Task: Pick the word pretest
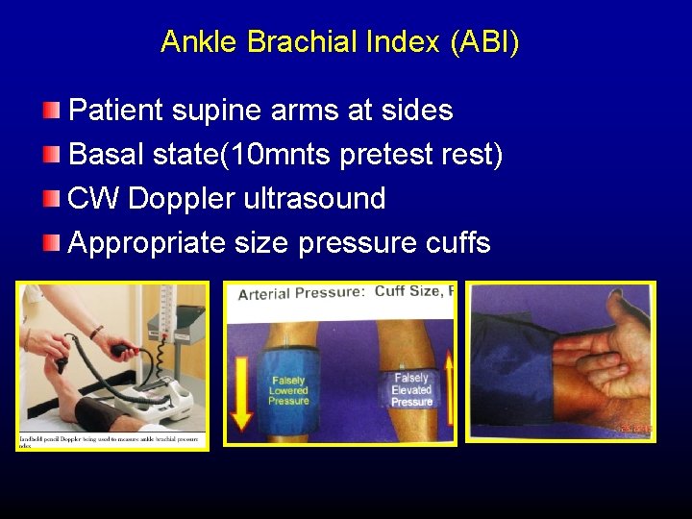(x=390, y=155)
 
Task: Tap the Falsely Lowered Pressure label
(x=288, y=390)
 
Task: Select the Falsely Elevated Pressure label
(x=411, y=390)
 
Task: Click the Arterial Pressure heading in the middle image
(x=301, y=293)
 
